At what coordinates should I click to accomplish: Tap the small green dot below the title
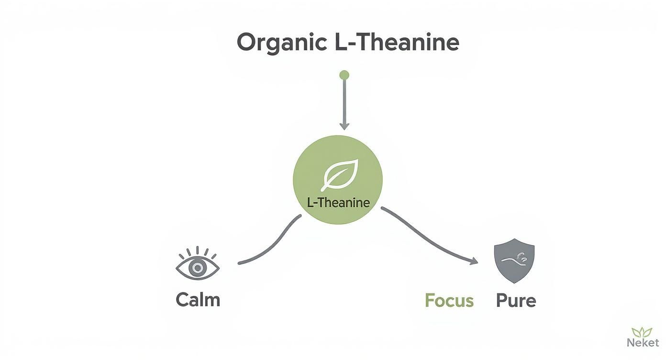(344, 75)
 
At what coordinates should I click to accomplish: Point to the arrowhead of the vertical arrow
(344, 125)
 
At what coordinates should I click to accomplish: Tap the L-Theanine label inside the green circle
(338, 202)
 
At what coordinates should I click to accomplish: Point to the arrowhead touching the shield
(474, 261)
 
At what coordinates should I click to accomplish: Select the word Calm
(198, 300)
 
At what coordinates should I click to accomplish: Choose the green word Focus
(449, 301)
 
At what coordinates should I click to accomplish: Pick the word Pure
(516, 301)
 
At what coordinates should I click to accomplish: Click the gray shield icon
(514, 261)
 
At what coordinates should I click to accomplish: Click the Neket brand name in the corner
(642, 342)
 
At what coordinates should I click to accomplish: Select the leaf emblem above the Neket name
(642, 332)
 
